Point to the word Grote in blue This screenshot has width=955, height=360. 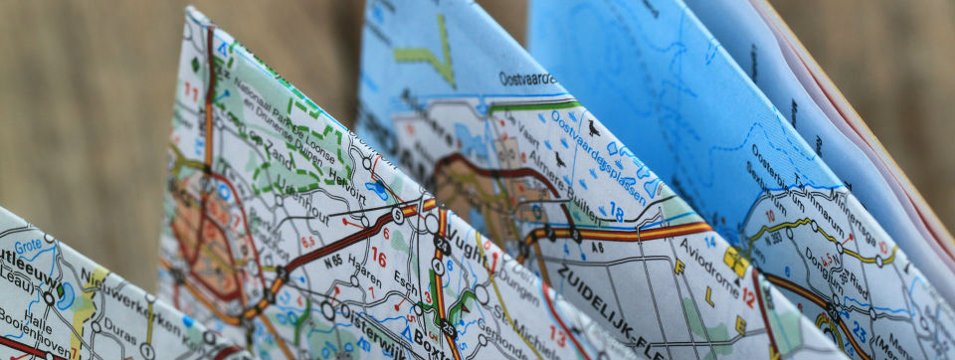pyautogui.click(x=28, y=244)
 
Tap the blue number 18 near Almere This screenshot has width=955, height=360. pyautogui.click(x=616, y=212)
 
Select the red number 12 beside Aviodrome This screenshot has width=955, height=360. pyautogui.click(x=748, y=295)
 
